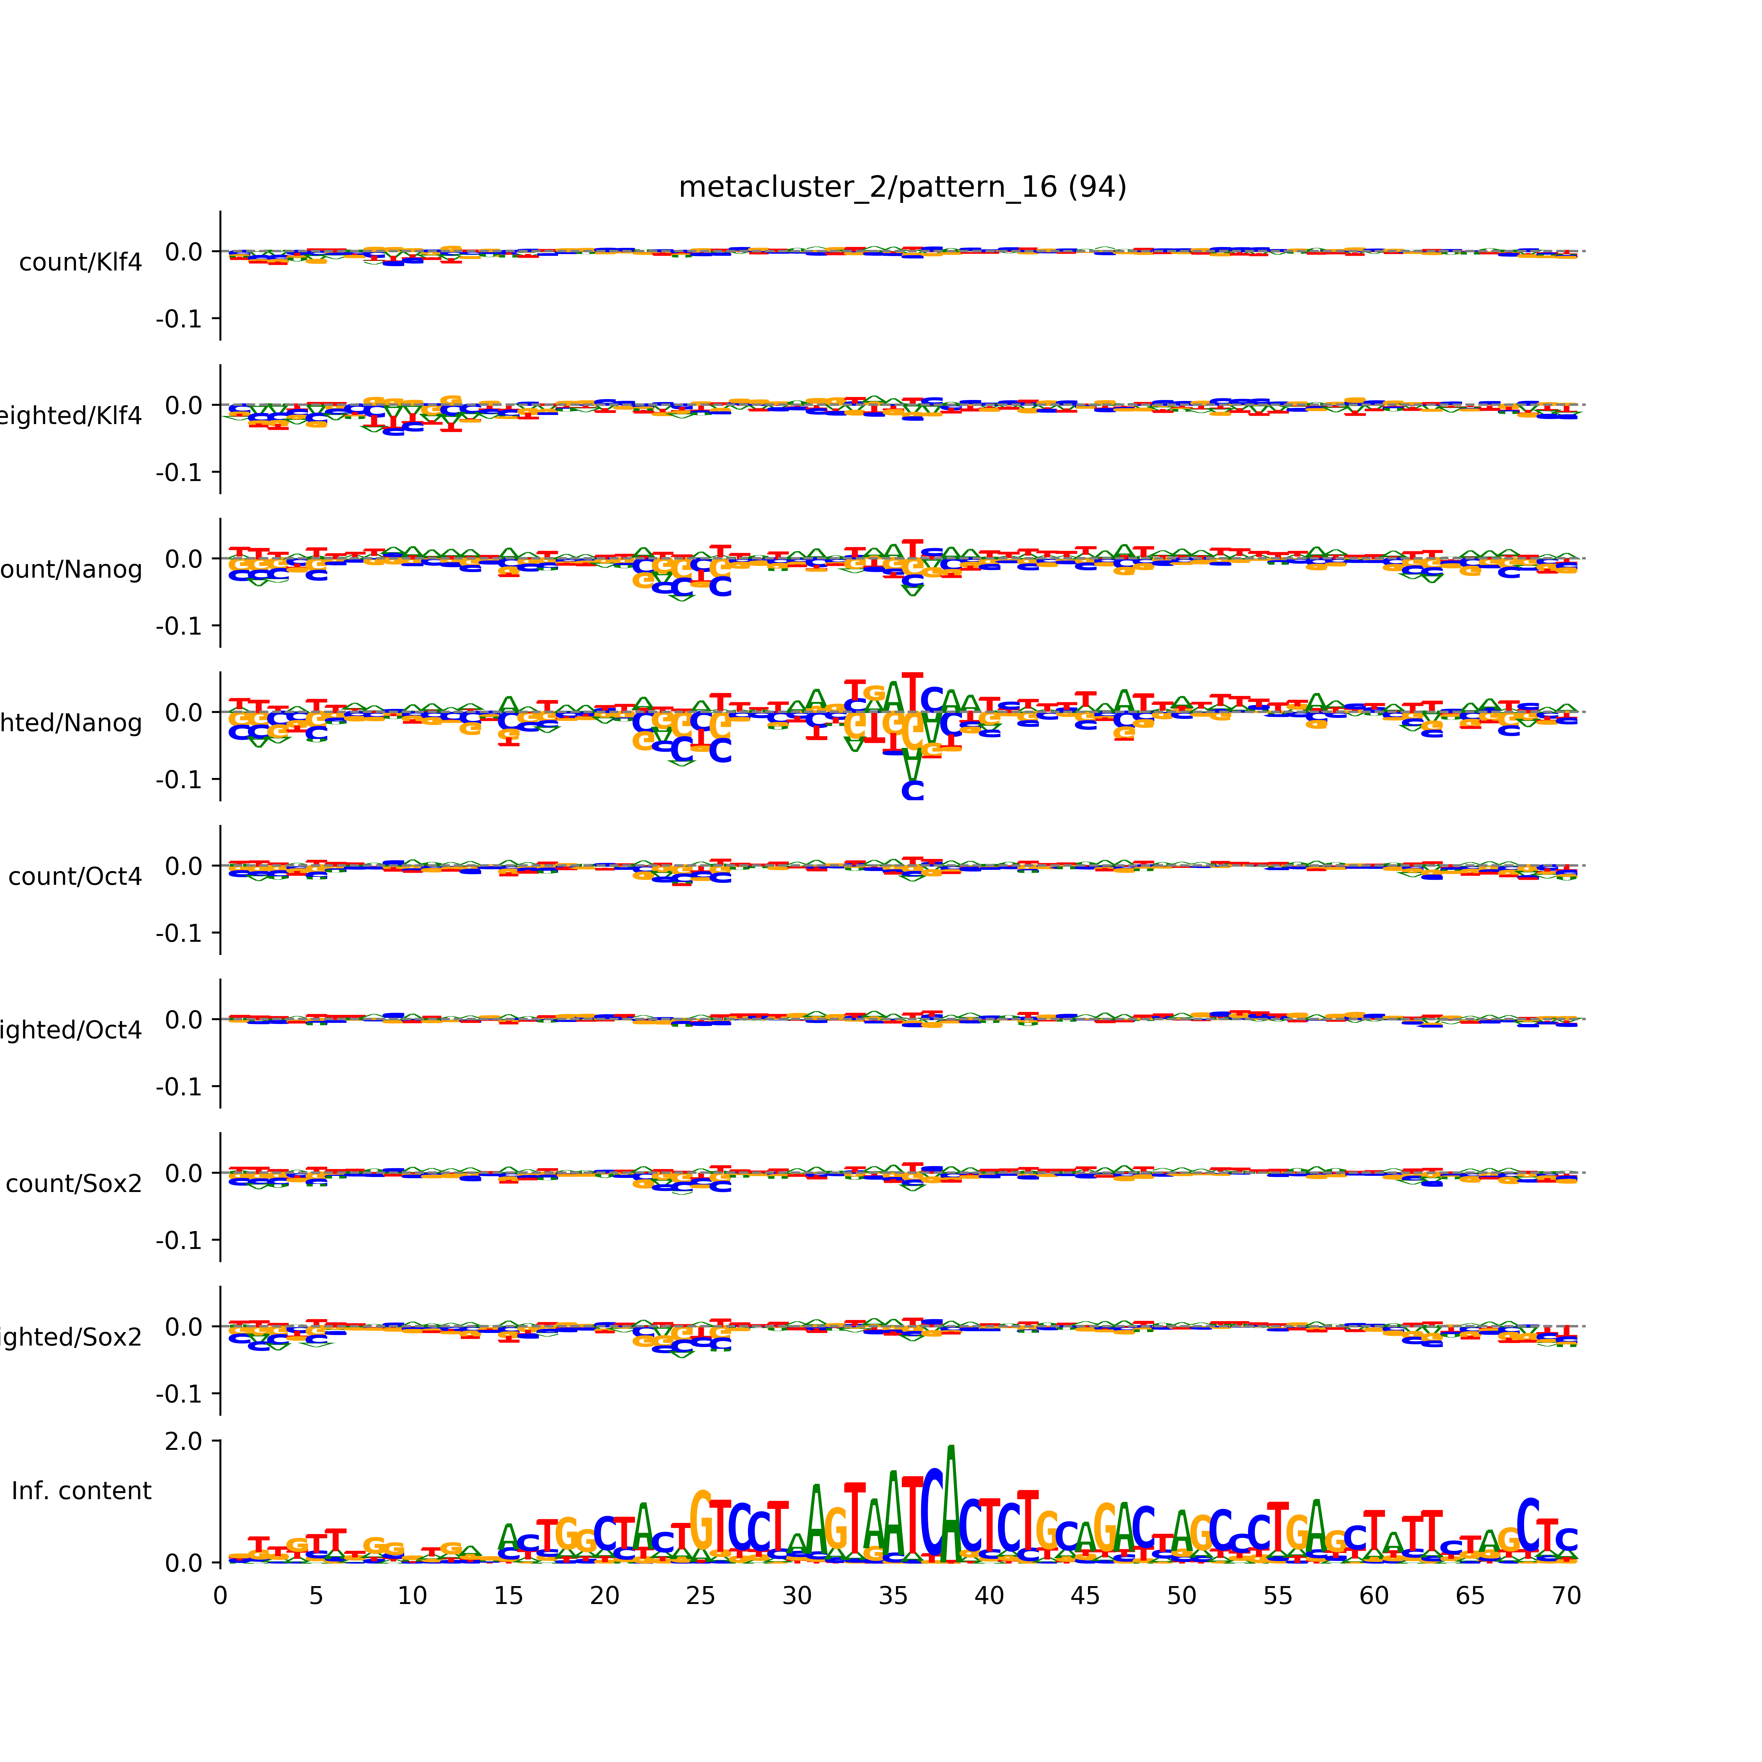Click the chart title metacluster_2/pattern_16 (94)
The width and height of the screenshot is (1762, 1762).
coord(902,187)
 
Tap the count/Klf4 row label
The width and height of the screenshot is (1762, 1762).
coord(80,263)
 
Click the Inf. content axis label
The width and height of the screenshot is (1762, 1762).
coord(81,1491)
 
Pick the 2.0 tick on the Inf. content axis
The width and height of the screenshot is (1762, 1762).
coord(183,1441)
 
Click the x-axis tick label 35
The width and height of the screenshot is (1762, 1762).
coord(893,1596)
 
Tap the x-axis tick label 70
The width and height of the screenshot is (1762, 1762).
coord(1566,1596)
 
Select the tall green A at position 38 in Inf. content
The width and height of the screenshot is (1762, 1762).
coord(951,1505)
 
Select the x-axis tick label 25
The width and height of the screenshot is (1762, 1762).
coord(700,1596)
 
